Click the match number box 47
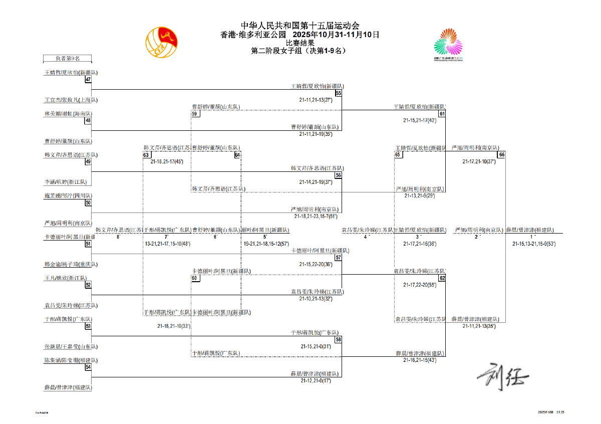coord(88,79)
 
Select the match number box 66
coord(501,154)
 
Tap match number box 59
coord(195,114)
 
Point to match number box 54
coord(88,367)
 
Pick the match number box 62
coord(442,278)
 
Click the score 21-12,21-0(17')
coord(316,381)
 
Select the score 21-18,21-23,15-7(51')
coord(316,216)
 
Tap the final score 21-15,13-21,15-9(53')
coord(534,244)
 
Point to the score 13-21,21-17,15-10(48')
coord(167,244)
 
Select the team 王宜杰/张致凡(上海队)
coord(71,100)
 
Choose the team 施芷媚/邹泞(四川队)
coord(68,196)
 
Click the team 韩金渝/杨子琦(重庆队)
coord(71,264)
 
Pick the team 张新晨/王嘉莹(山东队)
coord(71,346)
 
